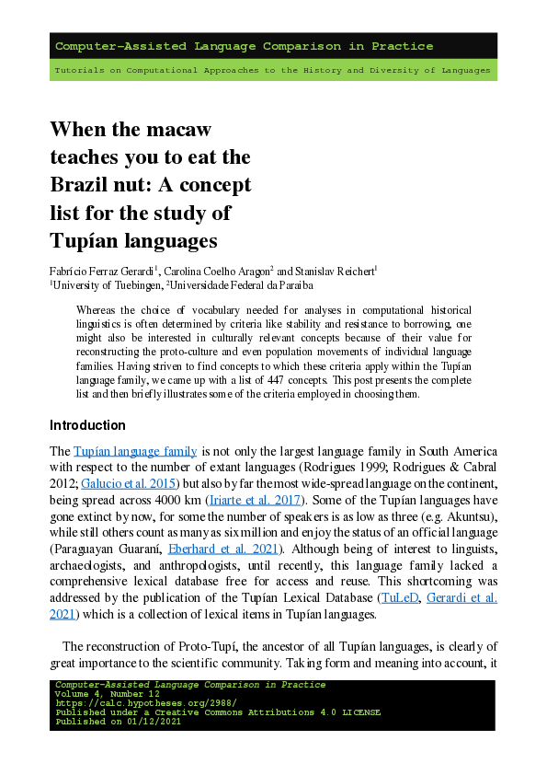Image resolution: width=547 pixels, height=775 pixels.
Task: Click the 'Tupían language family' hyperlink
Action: click(134, 451)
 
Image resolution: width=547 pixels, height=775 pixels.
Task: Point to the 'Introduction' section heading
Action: click(87, 425)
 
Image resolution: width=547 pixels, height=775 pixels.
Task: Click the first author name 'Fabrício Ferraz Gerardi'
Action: click(102, 271)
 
